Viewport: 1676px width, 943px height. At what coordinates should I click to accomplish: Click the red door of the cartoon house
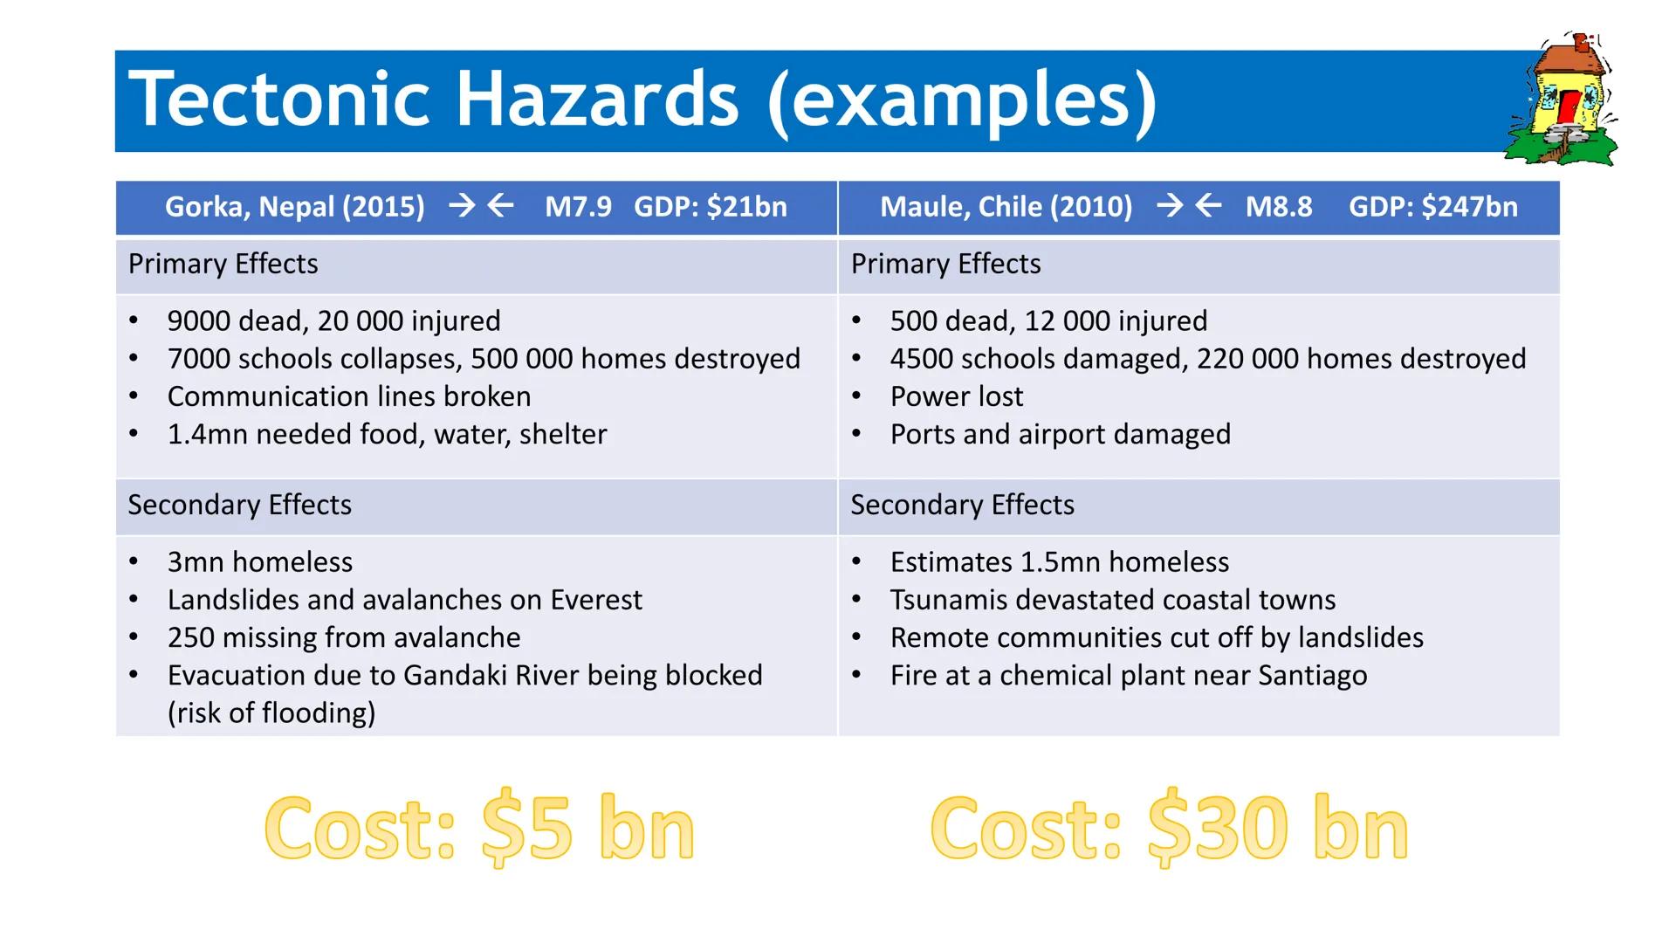point(1569,107)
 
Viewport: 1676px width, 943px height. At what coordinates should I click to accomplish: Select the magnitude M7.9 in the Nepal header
point(578,207)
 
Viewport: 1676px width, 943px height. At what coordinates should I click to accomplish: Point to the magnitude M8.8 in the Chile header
point(1278,207)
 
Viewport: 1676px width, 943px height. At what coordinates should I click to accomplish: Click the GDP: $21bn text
point(710,207)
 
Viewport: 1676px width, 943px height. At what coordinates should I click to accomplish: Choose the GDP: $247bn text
point(1432,207)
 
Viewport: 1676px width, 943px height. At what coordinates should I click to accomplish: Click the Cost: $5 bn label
point(479,828)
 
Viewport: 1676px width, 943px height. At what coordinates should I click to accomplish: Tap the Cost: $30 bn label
point(1169,828)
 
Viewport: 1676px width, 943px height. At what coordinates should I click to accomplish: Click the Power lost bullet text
point(956,396)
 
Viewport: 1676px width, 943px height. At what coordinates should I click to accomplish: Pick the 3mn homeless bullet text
point(260,562)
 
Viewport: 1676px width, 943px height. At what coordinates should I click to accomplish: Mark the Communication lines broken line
point(349,396)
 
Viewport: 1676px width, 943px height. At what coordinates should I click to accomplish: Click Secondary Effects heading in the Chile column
point(962,505)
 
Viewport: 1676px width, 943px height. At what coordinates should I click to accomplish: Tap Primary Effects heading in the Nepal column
point(223,264)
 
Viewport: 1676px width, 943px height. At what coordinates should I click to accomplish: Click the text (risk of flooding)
point(271,713)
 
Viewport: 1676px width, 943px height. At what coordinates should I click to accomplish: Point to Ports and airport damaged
point(1060,434)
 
